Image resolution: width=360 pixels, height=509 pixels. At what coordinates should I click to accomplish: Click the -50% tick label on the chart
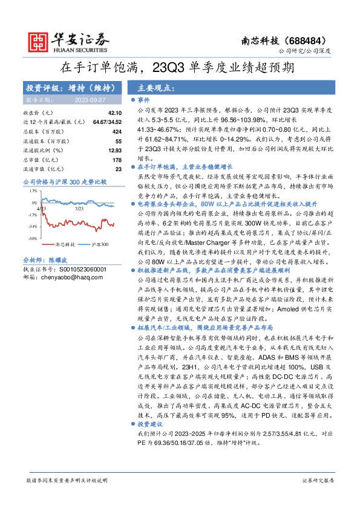pos(32,239)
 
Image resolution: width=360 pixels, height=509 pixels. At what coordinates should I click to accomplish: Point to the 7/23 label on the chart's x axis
pos(79,208)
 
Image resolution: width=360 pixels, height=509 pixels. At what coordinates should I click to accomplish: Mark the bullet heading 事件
pos(143,99)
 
